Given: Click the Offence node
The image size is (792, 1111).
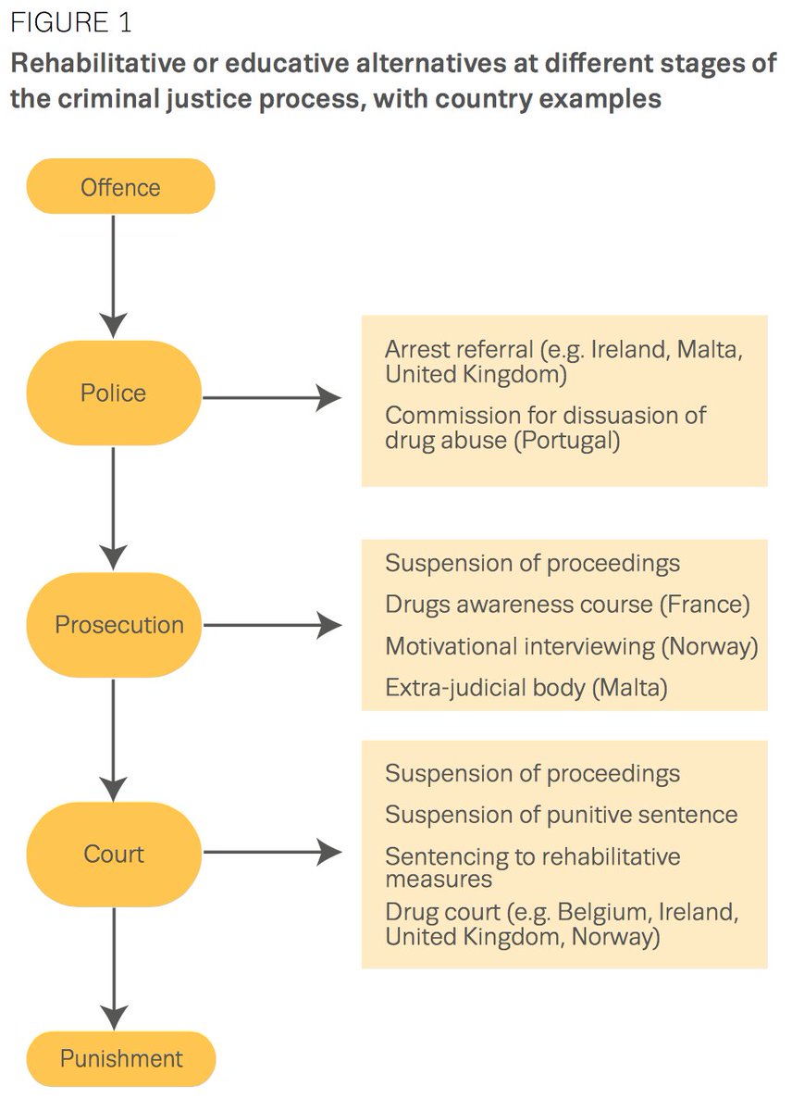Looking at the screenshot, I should tap(120, 187).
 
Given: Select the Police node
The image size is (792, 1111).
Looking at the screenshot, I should tap(113, 393).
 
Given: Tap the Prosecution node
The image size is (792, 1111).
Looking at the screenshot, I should tap(118, 625).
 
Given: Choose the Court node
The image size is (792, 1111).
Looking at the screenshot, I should tap(114, 854).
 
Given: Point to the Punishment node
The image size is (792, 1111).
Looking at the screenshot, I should tap(121, 1058).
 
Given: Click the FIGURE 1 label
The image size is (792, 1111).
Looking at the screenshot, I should tap(71, 22).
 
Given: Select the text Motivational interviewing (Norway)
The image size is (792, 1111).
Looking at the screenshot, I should tap(571, 646).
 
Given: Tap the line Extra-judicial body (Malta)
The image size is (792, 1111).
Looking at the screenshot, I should tap(526, 687).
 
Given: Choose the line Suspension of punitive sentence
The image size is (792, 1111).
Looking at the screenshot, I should tap(561, 815).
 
